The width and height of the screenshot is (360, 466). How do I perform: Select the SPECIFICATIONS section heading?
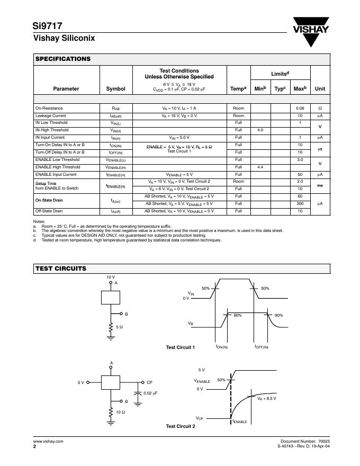click(63, 59)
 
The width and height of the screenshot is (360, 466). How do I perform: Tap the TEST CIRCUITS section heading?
click(60, 268)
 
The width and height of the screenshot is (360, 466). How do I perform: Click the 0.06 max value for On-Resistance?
click(300, 108)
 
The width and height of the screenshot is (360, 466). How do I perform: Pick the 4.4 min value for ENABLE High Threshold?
click(260, 167)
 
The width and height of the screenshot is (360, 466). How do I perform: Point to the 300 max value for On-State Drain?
click(300, 203)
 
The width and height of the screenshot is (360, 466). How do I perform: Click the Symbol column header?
click(116, 89)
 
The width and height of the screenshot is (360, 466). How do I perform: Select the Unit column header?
click(320, 89)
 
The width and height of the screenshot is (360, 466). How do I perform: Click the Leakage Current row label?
click(51, 115)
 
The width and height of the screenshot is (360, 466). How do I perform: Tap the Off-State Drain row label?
click(50, 211)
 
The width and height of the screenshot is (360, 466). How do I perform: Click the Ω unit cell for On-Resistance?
click(320, 108)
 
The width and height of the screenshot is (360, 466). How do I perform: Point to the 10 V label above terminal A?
click(111, 277)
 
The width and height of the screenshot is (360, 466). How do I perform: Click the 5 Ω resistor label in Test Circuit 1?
click(120, 328)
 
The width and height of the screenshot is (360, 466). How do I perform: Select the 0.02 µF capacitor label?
click(151, 393)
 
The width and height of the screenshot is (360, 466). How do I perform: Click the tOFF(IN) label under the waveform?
click(262, 347)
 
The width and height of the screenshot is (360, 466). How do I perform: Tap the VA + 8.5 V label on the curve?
click(267, 398)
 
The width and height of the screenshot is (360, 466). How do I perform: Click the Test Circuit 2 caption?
click(181, 426)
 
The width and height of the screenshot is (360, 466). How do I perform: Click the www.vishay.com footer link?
click(48, 441)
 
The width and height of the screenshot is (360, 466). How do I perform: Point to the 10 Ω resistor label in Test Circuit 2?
click(120, 412)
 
